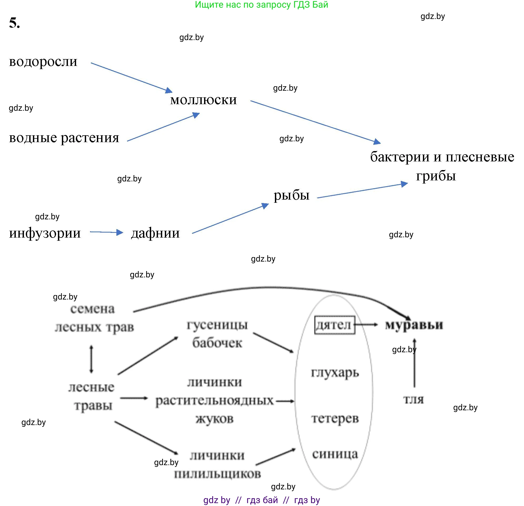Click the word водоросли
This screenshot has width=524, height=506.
43,62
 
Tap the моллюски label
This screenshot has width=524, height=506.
204,100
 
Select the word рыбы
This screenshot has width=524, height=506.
291,195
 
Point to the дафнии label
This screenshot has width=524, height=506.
155,233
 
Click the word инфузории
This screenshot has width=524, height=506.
45,233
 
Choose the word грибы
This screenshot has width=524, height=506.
436,176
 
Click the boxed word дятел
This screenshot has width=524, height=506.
334,325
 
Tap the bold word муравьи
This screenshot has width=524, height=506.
414,325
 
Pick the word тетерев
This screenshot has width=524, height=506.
335,418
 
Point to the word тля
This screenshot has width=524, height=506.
413,400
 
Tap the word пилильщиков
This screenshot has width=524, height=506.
217,474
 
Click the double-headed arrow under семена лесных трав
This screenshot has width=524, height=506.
91,359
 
